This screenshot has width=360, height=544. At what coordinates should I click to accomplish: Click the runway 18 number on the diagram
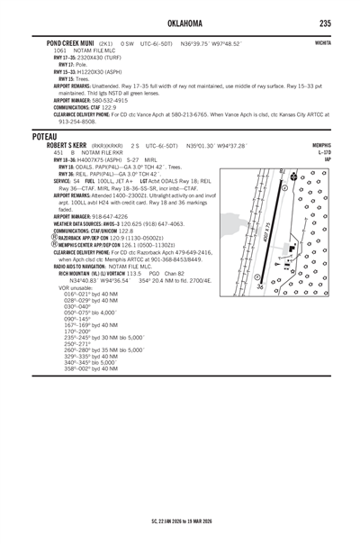[283, 170]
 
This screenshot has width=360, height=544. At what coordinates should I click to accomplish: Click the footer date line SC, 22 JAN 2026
[180, 520]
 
